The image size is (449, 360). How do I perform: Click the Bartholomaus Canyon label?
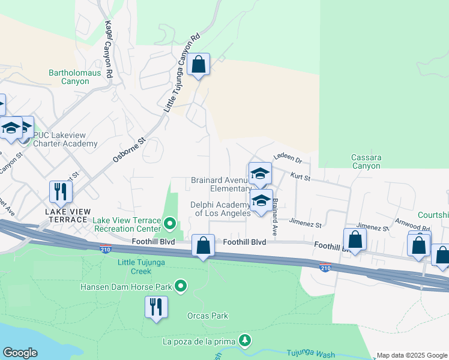pos(69,77)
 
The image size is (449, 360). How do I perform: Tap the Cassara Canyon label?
pos(366,161)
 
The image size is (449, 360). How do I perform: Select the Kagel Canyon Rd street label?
pos(109,51)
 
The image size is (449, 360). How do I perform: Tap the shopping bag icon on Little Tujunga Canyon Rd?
pos(199,65)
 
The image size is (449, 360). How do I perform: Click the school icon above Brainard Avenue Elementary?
pos(260,174)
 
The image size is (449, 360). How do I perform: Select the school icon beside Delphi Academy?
pos(261,201)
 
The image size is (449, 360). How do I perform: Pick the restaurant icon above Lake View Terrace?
pos(61,191)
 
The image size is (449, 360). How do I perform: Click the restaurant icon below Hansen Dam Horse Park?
pos(156,307)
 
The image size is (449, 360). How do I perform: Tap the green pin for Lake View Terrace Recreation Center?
pos(170,224)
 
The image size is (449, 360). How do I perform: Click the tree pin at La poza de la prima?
pos(244,341)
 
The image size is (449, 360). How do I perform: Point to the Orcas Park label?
pos(208,316)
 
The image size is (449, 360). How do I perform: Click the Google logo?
pos(20,353)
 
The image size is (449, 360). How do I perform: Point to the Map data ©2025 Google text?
pos(412,355)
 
